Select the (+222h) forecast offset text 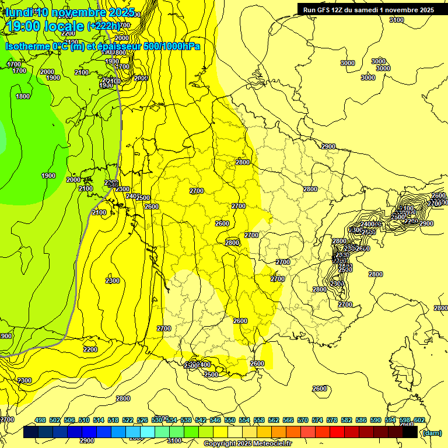[x=103, y=26]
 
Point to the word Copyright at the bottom [x=219, y=444]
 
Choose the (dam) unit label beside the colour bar [x=431, y=433]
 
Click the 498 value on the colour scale [x=40, y=420]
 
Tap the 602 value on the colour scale [x=419, y=420]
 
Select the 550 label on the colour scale [x=230, y=420]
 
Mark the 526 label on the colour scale [x=142, y=420]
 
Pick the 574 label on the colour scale [x=317, y=420]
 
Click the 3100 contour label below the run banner [x=397, y=20]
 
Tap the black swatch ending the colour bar [x=410, y=432]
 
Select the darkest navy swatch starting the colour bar [x=31, y=432]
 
